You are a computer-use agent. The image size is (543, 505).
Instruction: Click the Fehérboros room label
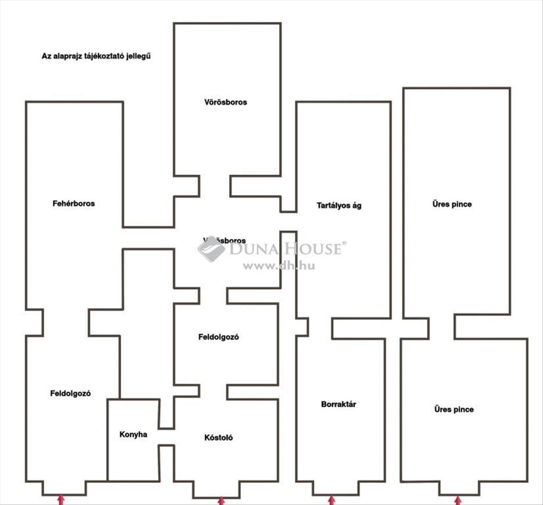(x=74, y=204)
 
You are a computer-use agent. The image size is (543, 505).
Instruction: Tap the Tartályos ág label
(x=339, y=206)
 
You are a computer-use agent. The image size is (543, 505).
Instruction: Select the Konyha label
(x=133, y=434)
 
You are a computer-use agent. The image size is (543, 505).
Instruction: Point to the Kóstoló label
(x=219, y=438)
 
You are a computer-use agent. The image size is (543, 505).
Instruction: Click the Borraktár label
(x=339, y=405)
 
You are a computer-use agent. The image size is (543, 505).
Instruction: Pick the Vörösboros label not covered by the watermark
(x=226, y=102)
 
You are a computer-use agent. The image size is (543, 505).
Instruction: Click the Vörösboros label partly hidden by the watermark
(x=225, y=240)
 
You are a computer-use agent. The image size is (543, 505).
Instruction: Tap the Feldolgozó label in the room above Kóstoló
(x=219, y=337)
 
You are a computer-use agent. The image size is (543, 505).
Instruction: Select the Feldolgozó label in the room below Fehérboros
(x=70, y=394)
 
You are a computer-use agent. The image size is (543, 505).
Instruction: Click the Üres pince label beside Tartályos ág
(x=452, y=205)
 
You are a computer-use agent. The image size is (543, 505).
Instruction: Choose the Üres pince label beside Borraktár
(x=454, y=410)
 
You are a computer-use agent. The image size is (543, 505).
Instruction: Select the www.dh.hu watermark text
(x=279, y=266)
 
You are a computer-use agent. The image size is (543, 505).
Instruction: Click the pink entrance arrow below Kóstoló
(x=221, y=500)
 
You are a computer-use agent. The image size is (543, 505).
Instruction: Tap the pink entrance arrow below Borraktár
(x=332, y=500)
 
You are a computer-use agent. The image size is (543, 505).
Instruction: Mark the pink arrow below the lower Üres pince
(x=458, y=500)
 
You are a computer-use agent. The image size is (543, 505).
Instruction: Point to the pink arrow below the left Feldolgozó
(x=61, y=500)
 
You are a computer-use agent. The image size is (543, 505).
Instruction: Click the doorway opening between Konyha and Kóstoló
(x=167, y=437)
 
